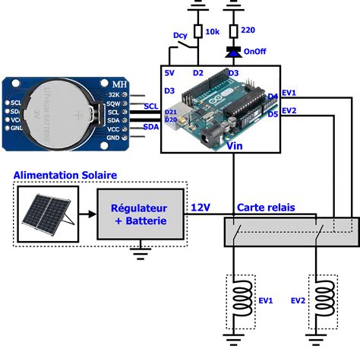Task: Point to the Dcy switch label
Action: tap(180, 35)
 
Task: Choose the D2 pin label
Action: tap(198, 73)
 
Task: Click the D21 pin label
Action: tap(171, 113)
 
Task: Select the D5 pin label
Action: tap(273, 114)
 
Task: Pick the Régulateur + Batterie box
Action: tap(141, 214)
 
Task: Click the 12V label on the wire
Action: tap(201, 207)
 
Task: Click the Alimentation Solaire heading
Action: tap(65, 175)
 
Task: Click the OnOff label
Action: tap(255, 52)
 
